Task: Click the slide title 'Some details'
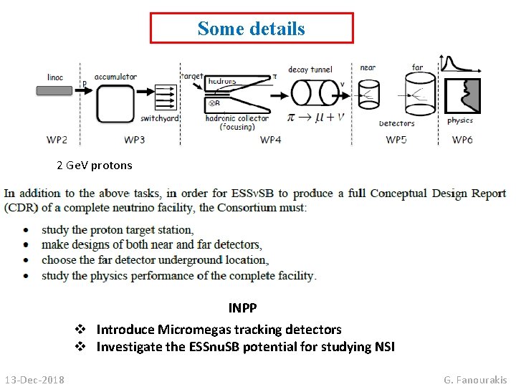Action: coord(252,29)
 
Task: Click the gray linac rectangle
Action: coord(54,91)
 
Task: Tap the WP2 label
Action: coord(57,139)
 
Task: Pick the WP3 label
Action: coord(134,139)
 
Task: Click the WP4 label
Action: coord(270,139)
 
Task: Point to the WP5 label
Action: coord(396,139)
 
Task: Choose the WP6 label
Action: coord(462,139)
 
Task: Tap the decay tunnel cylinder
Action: coord(314,93)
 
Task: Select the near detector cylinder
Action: coord(369,92)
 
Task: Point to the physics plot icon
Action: coord(462,96)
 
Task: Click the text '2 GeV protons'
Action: coord(95,166)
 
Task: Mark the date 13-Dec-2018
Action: coord(34,379)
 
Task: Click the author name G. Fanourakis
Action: coord(475,379)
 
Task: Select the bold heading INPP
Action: coord(242,308)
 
